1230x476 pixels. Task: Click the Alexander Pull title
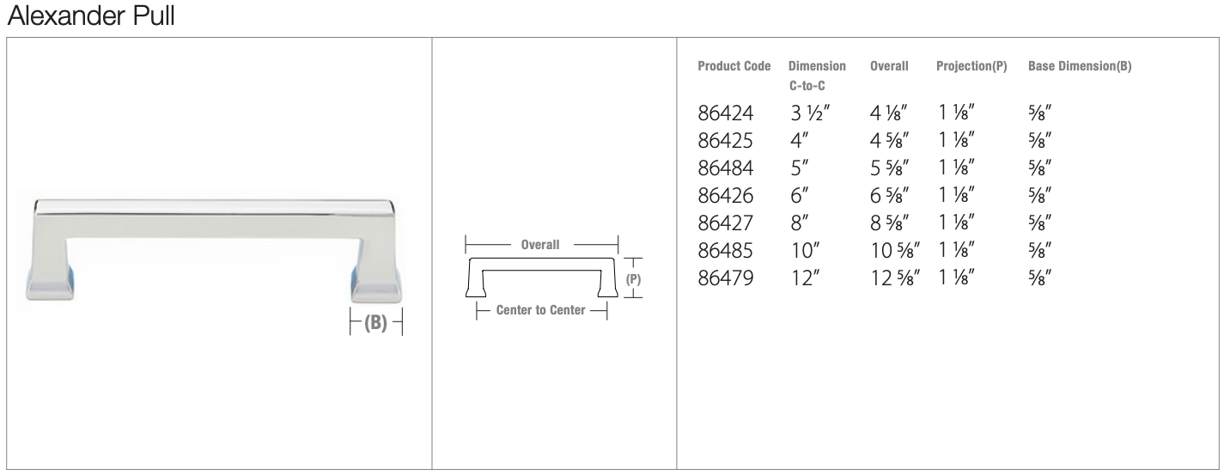(91, 15)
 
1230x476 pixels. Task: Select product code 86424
(725, 113)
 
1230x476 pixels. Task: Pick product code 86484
(725, 168)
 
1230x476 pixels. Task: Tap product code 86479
(725, 278)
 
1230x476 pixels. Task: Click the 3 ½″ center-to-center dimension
(810, 113)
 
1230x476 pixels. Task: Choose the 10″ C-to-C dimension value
(805, 250)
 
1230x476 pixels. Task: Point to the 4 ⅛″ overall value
(888, 113)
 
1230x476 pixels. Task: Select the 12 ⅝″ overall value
(895, 278)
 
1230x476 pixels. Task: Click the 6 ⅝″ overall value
(890, 195)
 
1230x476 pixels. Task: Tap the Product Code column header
(734, 66)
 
